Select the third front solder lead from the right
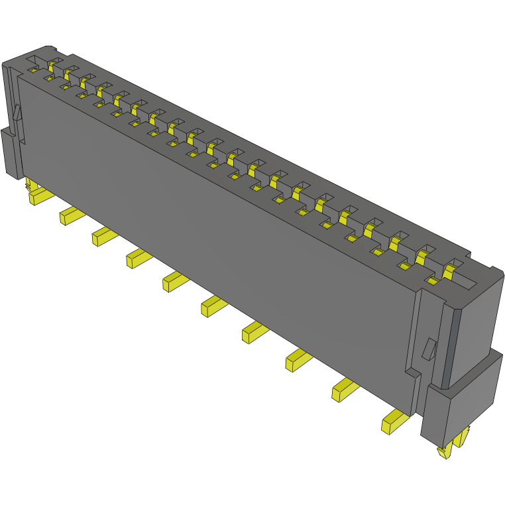pyautogui.click(x=298, y=360)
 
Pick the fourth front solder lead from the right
pyautogui.click(x=255, y=331)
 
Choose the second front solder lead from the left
pyautogui.click(x=71, y=215)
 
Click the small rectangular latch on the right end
pyautogui.click(x=429, y=349)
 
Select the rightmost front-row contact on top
pyautogui.click(x=433, y=282)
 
